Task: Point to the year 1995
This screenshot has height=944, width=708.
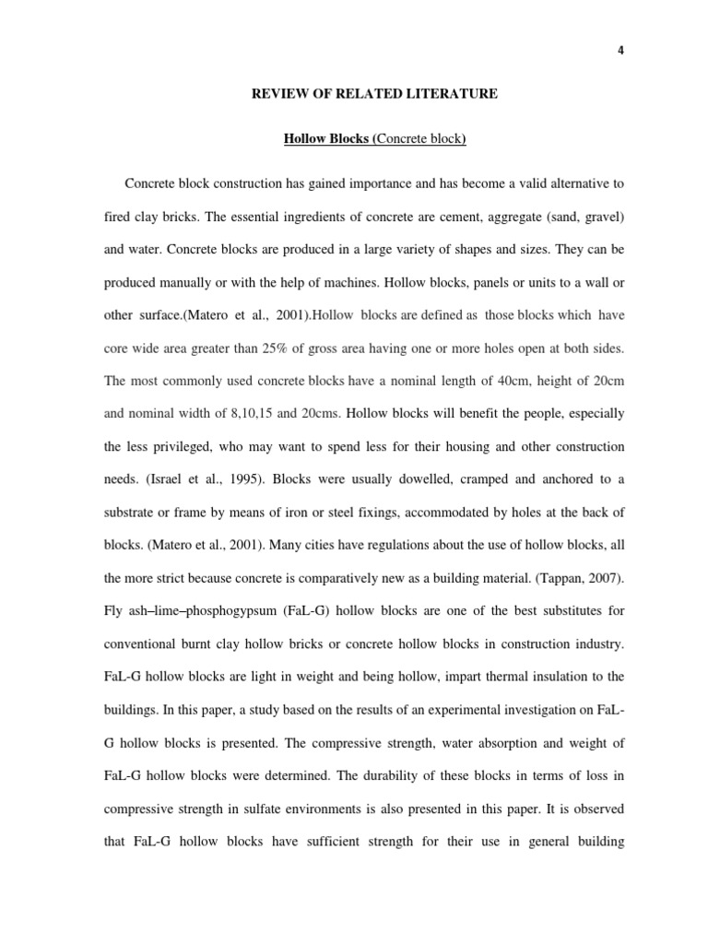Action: pos(232,480)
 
